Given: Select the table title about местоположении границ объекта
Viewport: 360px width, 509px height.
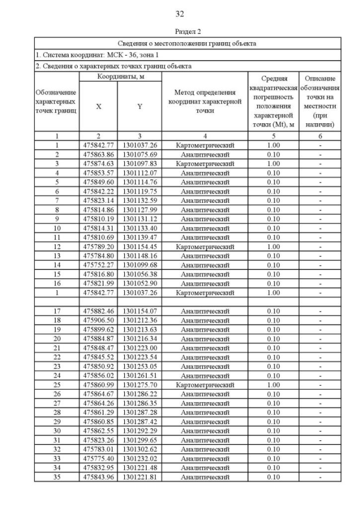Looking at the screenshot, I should [x=187, y=43].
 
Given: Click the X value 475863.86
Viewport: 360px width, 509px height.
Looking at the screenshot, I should [x=98, y=154].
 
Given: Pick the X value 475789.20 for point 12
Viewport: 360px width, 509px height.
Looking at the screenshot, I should [x=98, y=246].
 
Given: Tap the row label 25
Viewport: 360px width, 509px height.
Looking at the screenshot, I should [x=57, y=385].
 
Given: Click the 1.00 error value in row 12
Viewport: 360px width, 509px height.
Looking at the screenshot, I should [x=273, y=246].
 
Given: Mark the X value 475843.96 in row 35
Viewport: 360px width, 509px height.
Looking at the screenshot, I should [x=98, y=477].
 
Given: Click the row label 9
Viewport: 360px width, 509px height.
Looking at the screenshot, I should [x=57, y=219].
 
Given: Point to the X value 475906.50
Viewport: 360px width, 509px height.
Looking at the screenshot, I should [x=98, y=320].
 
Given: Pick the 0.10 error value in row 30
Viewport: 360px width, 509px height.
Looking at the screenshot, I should [x=273, y=431].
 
